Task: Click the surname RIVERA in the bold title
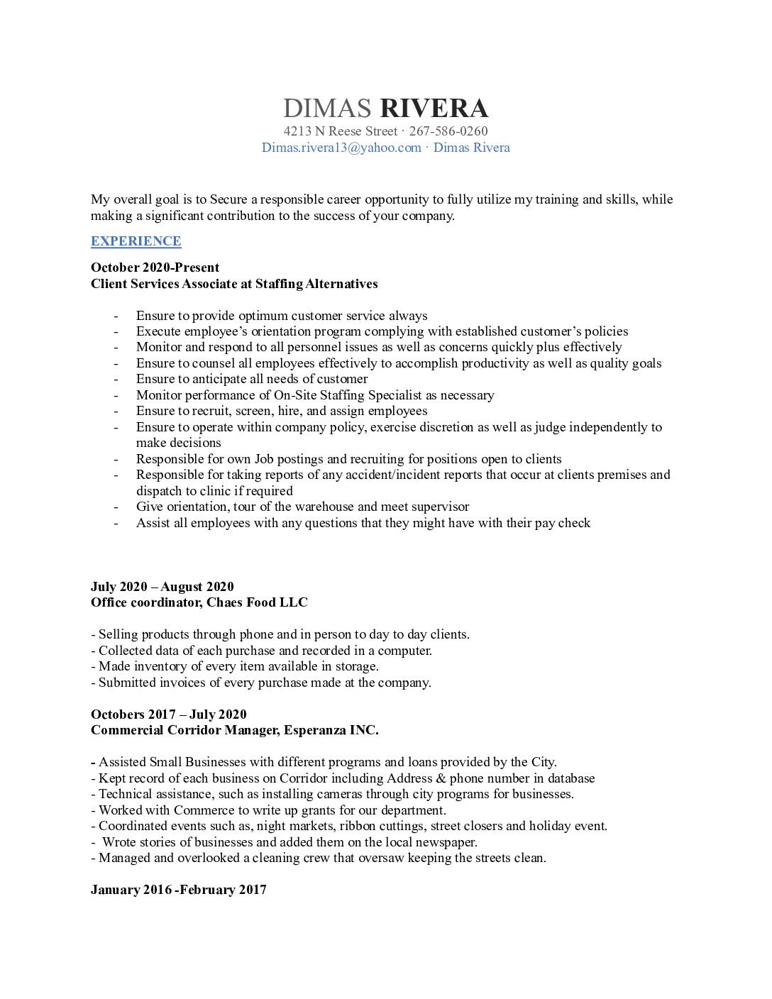coord(434,109)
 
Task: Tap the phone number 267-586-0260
coord(448,131)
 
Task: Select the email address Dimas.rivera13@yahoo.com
coord(341,148)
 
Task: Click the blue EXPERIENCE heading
coord(136,241)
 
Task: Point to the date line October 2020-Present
coord(155,267)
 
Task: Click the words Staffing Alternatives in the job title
coord(316,284)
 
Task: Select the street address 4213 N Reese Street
coord(341,131)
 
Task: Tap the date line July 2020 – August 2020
coord(162,587)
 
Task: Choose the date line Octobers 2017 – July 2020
coord(169,714)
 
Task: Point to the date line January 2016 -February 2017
coord(179,890)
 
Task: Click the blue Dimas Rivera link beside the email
coord(472,148)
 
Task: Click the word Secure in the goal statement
coord(228,199)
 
